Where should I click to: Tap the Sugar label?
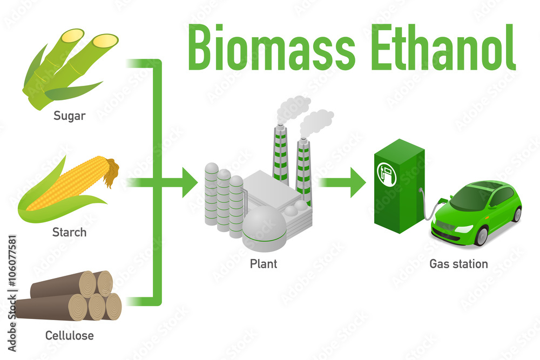69,116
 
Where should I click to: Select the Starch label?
69,233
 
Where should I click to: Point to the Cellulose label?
69,336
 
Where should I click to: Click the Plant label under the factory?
264,264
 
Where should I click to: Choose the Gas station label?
458,264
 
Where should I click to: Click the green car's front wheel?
480,235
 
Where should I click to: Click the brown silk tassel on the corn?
112,171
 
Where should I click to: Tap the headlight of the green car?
463,229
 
